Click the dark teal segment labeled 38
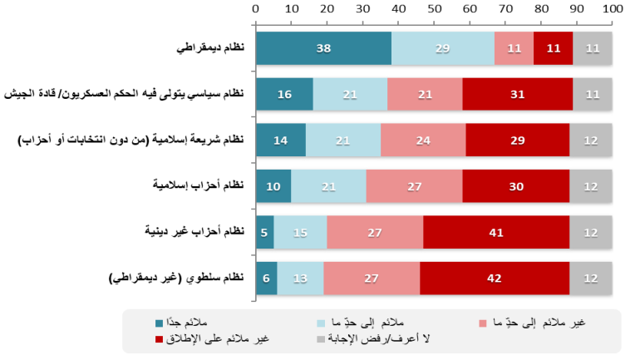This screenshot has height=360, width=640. coord(323,48)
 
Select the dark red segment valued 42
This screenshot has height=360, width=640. coord(495,279)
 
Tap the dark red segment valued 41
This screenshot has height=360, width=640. coord(496,233)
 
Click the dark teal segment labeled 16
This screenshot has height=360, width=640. coord(284,95)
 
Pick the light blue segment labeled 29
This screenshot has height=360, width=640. coord(443,48)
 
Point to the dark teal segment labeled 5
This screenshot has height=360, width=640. coord(264,233)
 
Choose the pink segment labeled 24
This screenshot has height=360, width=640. coord(423,141)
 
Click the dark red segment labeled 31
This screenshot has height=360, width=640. coord(517,95)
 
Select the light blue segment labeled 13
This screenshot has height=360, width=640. coord(299,279)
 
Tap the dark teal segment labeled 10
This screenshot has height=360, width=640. coord(273,186)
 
